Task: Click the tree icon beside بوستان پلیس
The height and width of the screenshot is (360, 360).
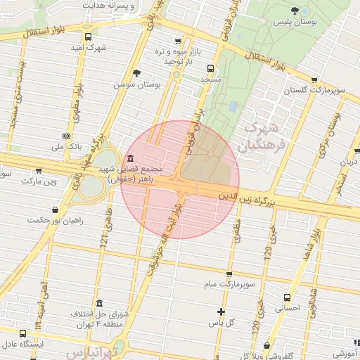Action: tap(295, 11)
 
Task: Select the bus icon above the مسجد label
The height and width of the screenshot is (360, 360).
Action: tap(210, 69)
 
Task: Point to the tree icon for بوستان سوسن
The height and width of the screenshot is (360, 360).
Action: tap(136, 72)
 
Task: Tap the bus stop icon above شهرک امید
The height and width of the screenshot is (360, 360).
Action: tap(88, 37)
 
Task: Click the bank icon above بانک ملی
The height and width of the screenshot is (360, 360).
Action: tap(67, 136)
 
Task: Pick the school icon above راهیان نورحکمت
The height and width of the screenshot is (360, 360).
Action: tap(55, 209)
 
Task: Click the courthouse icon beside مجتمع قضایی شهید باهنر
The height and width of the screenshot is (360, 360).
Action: tap(131, 158)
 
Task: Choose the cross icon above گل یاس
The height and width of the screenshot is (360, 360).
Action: tap(221, 311)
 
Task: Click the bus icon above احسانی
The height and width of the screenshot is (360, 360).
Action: tap(286, 297)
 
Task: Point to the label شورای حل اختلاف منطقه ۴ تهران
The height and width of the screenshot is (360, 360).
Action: tap(99, 319)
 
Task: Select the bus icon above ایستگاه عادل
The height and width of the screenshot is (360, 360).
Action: tap(23, 333)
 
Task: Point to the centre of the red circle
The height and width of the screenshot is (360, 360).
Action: tap(180, 179)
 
